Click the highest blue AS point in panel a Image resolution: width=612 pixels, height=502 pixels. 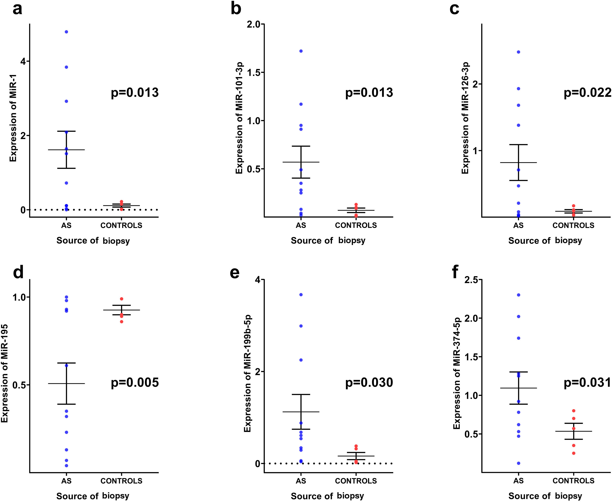66,32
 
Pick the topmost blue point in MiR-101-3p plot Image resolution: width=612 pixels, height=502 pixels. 301,51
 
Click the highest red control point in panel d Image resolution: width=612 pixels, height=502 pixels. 122,299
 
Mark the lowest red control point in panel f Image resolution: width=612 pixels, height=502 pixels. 574,453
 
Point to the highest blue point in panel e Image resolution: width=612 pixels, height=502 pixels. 301,295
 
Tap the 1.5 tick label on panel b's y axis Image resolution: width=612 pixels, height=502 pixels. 253,72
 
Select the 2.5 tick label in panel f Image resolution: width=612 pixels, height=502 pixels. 471,280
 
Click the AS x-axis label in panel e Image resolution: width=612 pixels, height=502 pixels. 301,481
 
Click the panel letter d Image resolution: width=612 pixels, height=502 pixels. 18,272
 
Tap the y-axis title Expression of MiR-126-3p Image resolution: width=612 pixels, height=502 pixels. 465,118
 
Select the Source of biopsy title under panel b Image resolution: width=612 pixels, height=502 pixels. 328,241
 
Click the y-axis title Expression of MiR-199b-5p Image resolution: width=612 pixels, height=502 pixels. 248,374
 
